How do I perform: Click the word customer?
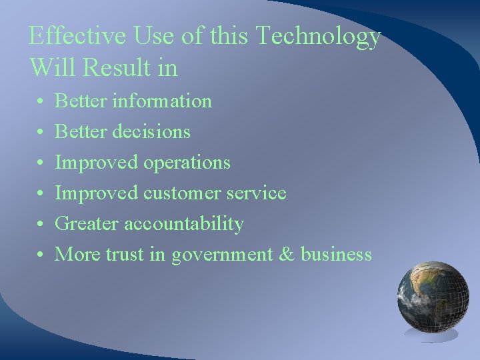(185, 193)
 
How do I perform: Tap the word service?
(256, 193)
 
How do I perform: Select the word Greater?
(86, 224)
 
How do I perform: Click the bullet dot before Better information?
(41, 102)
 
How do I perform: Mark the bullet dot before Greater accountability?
(41, 225)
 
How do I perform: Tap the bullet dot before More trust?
(41, 255)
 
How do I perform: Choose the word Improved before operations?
(96, 163)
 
